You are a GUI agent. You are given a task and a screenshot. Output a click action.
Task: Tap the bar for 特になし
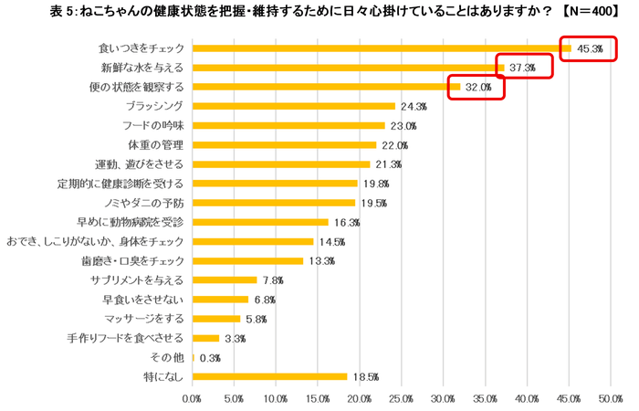click(270, 376)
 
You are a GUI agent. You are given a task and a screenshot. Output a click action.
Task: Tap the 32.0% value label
click(478, 87)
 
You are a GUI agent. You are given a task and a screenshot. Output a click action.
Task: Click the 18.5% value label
click(365, 376)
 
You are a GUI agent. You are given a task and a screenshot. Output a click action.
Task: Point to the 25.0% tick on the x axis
click(402, 399)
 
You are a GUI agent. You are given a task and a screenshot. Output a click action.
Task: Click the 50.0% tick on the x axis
click(611, 399)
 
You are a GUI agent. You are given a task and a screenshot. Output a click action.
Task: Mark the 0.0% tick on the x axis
click(193, 399)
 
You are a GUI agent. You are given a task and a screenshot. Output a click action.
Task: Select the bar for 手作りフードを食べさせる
click(206, 338)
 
